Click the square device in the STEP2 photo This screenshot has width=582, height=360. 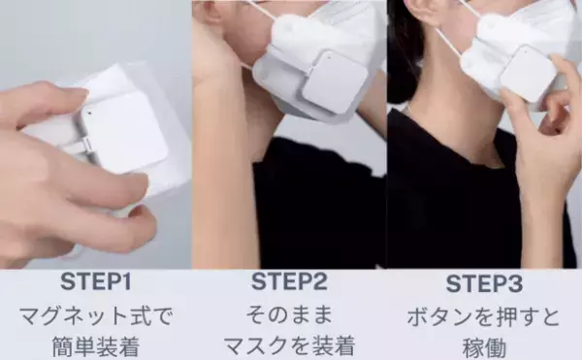(x=332, y=81)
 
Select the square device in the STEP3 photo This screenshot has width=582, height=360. (x=528, y=73)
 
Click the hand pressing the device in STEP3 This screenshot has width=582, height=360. (x=543, y=146)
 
